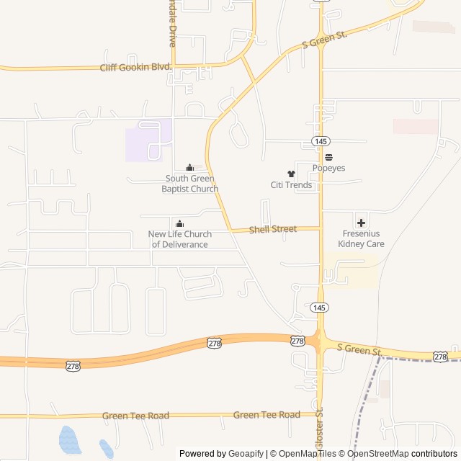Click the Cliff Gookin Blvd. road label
click(x=136, y=67)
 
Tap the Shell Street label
click(x=273, y=229)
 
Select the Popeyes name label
click(x=328, y=168)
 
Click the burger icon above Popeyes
click(x=328, y=157)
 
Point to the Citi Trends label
click(x=291, y=185)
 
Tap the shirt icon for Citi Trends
click(x=291, y=174)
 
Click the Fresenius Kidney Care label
click(x=361, y=239)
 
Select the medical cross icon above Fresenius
click(x=361, y=223)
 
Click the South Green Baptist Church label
click(x=190, y=184)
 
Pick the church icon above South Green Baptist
click(x=190, y=168)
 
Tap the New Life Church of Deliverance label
click(x=180, y=239)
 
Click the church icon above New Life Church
click(x=180, y=223)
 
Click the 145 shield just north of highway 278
click(x=321, y=308)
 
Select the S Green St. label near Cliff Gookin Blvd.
click(x=324, y=45)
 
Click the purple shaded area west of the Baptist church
click(x=148, y=140)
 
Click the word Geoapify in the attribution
click(x=246, y=454)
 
